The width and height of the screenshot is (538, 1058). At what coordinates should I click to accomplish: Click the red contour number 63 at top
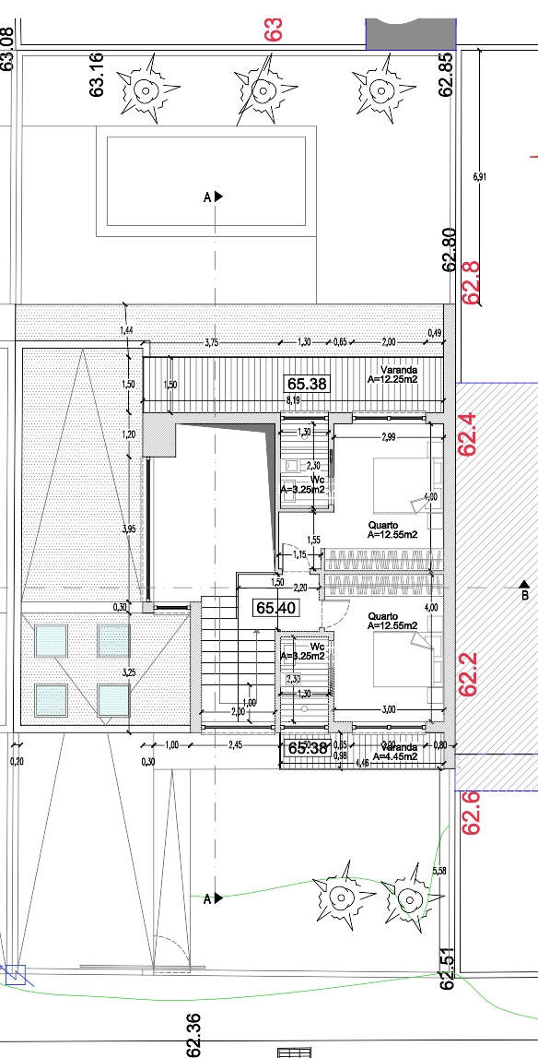(x=273, y=30)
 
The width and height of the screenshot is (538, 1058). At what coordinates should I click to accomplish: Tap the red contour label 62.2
(x=470, y=675)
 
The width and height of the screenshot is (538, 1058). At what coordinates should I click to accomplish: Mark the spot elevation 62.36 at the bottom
(x=193, y=1034)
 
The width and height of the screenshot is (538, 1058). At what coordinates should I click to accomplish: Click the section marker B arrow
(x=524, y=585)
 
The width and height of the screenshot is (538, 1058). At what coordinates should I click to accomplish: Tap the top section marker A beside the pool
(x=214, y=196)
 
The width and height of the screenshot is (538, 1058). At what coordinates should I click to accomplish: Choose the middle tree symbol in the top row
(x=262, y=89)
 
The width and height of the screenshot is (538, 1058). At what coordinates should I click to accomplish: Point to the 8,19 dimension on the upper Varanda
(x=294, y=400)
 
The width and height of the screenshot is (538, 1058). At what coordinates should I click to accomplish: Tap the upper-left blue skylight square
(x=52, y=639)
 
